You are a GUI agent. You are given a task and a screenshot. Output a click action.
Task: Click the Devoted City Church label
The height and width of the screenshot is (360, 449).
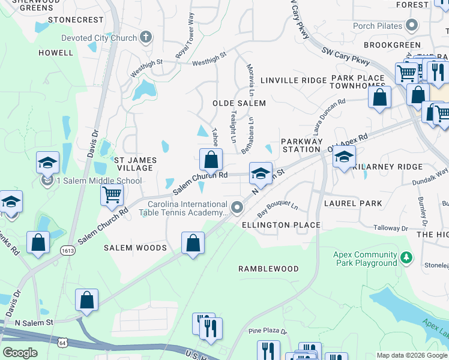click(x=99, y=38)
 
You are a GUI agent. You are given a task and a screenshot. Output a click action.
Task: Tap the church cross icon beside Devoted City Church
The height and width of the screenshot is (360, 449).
click(x=145, y=38)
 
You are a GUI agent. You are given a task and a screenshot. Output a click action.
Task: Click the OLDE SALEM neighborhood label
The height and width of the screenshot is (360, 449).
click(x=239, y=103)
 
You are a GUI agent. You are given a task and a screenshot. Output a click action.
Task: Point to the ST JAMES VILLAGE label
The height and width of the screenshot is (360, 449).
click(x=135, y=164)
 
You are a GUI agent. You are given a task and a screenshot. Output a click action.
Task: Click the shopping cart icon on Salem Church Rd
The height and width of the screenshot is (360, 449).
click(x=112, y=194)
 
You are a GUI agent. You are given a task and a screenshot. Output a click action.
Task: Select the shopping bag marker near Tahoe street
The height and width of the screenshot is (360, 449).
click(x=211, y=160)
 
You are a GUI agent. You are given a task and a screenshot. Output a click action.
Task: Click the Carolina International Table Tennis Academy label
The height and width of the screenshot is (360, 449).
click(x=187, y=208)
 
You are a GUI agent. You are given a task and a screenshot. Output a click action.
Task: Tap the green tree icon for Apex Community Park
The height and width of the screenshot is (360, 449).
click(x=407, y=258)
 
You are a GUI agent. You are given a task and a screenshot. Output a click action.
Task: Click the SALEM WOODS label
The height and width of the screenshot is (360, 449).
click(x=135, y=247)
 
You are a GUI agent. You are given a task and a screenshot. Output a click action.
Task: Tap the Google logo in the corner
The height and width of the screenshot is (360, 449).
click(x=20, y=353)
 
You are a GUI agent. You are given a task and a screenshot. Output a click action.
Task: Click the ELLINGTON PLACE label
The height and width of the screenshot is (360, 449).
click(x=280, y=225)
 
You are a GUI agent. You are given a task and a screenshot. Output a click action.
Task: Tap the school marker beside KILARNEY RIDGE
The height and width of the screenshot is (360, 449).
click(x=344, y=158)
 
